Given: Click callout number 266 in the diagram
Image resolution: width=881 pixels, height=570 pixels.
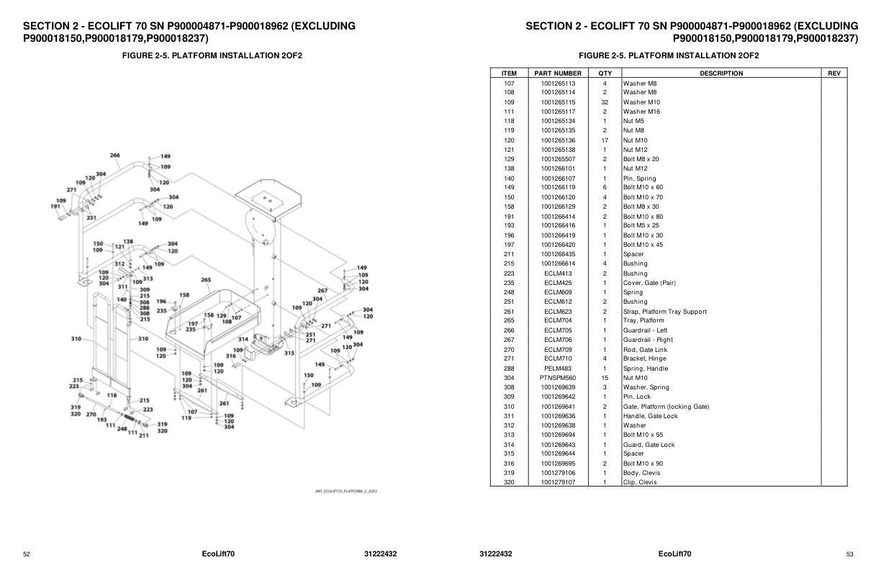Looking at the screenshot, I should click(114, 155).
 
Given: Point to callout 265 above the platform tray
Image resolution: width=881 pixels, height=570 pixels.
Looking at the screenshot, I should click(206, 280).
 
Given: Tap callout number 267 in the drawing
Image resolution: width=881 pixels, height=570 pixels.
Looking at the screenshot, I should click(322, 291).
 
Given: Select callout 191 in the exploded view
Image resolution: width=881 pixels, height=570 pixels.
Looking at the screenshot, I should click(55, 207).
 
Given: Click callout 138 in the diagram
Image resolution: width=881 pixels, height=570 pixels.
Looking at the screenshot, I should click(128, 242).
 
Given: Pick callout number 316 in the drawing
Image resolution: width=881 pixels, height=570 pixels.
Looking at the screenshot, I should click(230, 356).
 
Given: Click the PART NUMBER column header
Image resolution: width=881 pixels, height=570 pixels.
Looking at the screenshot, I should click(558, 73).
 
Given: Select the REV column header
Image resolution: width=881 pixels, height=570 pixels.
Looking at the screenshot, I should click(834, 73).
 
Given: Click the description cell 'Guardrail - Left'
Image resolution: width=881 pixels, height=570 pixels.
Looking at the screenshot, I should click(645, 330).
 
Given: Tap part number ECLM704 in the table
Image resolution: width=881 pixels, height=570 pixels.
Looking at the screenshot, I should click(558, 321).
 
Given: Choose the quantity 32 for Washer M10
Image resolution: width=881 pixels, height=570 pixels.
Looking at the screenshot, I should click(605, 102).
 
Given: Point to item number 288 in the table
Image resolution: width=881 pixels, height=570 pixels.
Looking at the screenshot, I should click(509, 368).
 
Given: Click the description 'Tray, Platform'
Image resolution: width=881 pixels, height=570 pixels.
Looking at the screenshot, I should click(643, 321).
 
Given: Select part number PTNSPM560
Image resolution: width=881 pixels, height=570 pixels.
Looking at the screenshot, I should click(558, 378).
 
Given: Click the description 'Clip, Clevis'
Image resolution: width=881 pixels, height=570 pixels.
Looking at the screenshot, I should click(640, 482).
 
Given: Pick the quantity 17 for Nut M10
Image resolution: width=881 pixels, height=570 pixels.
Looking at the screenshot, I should click(605, 140).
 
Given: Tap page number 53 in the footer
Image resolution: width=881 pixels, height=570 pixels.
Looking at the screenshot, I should click(850, 554).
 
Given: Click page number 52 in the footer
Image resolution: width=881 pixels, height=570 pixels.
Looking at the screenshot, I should click(27, 554).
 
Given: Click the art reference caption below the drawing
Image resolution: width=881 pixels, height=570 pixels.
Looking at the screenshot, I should click(346, 491).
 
